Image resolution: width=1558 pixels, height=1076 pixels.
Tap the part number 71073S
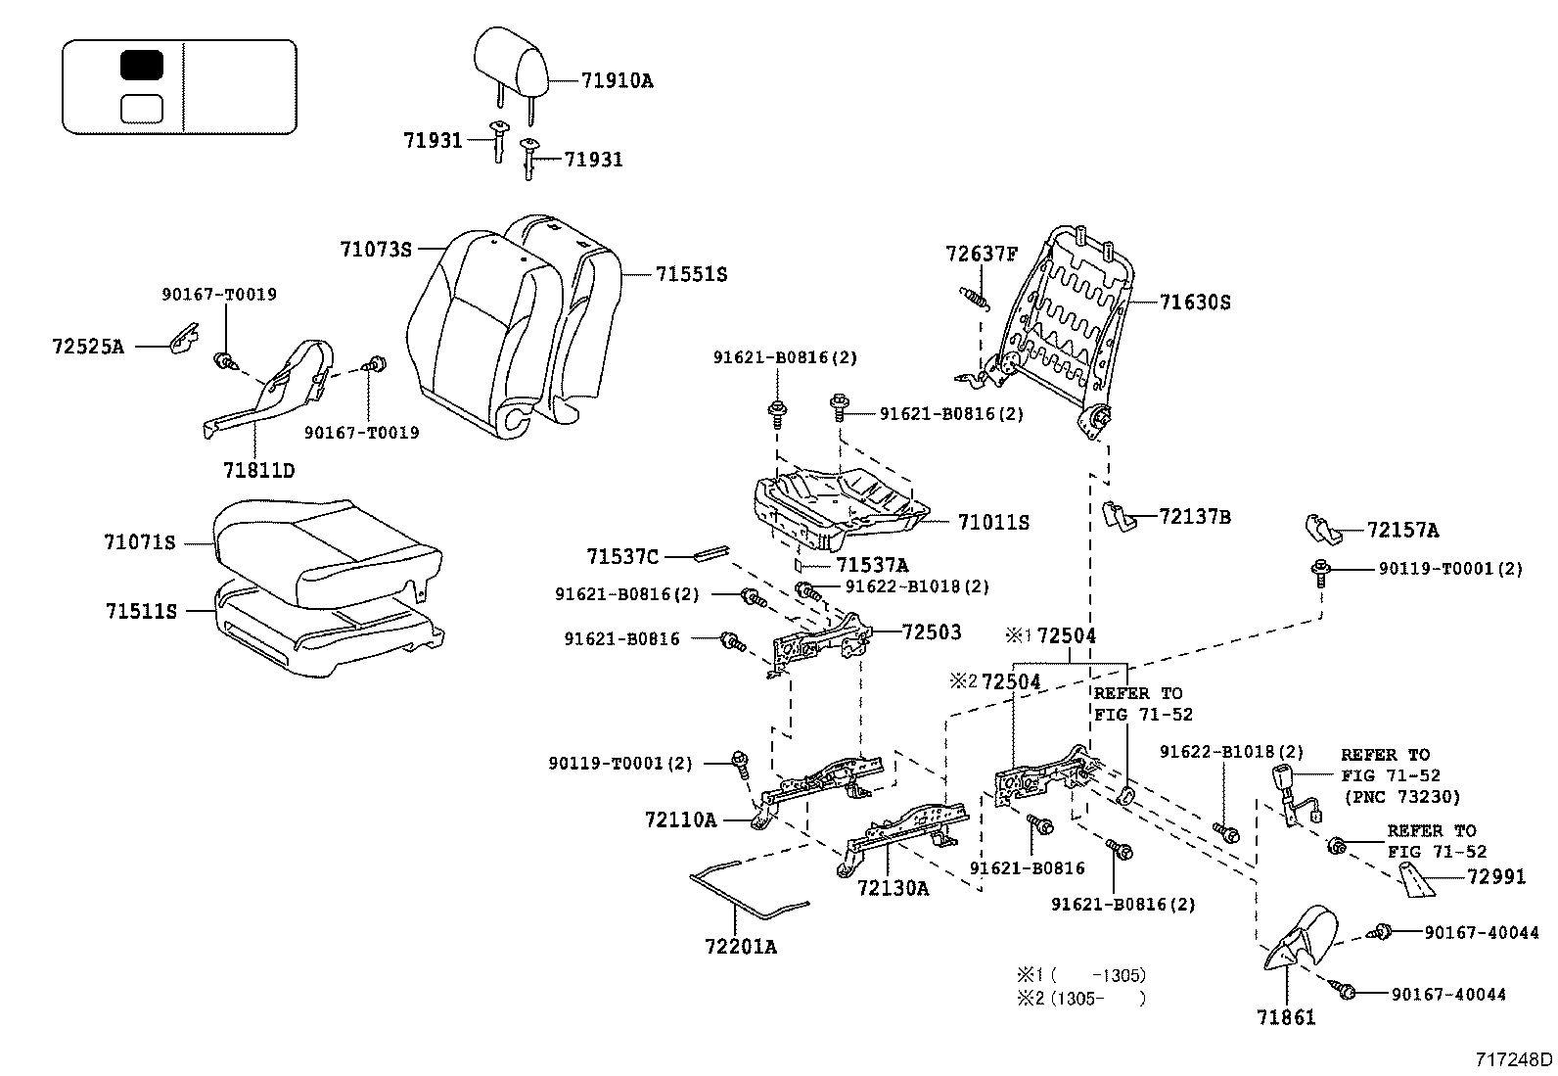[x=376, y=250]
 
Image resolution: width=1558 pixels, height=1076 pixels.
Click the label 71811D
[x=258, y=470]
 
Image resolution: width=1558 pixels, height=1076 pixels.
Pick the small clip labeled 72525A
[x=181, y=340]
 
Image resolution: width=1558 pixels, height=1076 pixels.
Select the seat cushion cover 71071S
[x=323, y=548]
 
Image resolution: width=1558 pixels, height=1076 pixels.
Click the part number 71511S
[x=141, y=611]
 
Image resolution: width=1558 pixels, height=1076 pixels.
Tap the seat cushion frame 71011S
[x=842, y=504]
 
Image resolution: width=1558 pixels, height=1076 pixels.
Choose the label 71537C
[x=622, y=557]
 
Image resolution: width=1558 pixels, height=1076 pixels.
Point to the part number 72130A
[x=893, y=888]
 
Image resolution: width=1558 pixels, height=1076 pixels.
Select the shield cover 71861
[x=1302, y=940]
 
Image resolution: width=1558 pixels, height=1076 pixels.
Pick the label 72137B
[x=1194, y=516]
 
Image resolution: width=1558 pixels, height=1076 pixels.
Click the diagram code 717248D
[x=1514, y=1059]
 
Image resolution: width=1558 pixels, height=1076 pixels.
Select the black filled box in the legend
[x=142, y=66]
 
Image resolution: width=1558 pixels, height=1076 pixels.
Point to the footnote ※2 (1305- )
[x=1081, y=998]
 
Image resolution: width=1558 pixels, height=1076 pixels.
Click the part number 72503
[x=931, y=632]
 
